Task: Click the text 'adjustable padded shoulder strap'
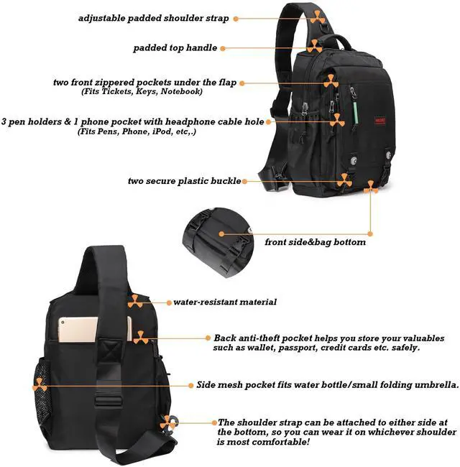click(154, 18)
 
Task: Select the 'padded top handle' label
click(175, 48)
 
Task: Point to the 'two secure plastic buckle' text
click(183, 181)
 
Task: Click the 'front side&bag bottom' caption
click(315, 242)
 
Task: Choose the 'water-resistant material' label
click(225, 302)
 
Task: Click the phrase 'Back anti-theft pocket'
click(263, 337)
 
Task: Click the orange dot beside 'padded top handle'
click(224, 48)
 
